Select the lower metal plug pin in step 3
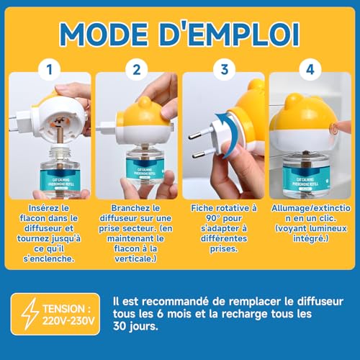point(199,154)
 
